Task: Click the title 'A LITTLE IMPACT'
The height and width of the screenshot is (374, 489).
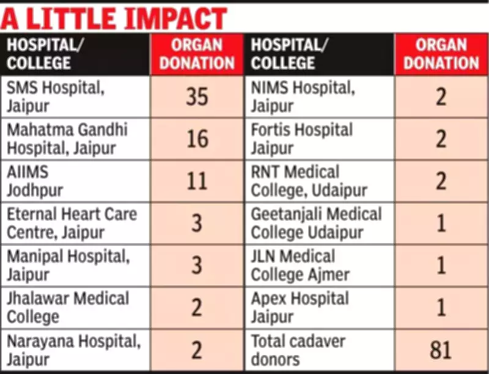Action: [114, 19]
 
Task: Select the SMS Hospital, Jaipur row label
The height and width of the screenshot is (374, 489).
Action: [56, 97]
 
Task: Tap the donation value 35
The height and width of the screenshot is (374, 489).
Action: [197, 97]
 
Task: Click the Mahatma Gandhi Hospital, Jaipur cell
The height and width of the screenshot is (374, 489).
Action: [67, 139]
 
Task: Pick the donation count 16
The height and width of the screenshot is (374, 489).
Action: [197, 139]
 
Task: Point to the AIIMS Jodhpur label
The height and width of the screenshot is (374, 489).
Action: [35, 181]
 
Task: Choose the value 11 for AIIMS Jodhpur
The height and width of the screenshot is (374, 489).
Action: [197, 181]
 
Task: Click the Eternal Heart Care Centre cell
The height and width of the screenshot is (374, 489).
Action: [72, 223]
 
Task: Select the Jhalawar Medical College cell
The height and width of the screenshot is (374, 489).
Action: [67, 307]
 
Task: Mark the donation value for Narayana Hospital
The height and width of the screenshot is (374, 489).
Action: [197, 350]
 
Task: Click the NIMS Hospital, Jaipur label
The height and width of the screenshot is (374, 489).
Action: [303, 97]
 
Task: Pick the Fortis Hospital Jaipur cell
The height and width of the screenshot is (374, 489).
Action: [302, 139]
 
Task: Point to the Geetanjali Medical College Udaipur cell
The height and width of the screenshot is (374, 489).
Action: [316, 223]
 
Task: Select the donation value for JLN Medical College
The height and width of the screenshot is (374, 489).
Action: [441, 265]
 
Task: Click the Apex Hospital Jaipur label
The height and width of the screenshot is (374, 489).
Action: [300, 307]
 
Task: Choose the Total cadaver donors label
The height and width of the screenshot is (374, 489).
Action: [298, 350]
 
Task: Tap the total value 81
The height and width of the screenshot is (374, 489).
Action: [441, 350]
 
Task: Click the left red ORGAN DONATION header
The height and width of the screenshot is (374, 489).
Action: [197, 54]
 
